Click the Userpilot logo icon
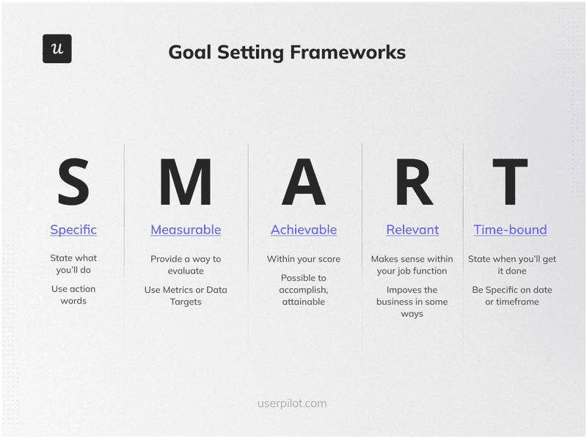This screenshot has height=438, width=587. pos(56,48)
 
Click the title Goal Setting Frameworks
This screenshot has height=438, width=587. pos(286,52)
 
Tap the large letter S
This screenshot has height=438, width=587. pos(73,182)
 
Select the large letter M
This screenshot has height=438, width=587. pos(185,182)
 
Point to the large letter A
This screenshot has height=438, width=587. pos(303,182)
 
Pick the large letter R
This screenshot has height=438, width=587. pos(413,182)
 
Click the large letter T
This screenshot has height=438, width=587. pos(510,182)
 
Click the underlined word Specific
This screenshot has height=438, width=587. pos(73,230)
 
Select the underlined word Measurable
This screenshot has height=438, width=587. pos(186,230)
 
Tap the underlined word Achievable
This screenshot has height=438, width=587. pos(304,230)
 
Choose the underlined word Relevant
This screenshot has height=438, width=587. pos(412,230)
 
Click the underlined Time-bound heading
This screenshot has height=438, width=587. pos(510,230)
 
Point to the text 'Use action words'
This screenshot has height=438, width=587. pos(73,295)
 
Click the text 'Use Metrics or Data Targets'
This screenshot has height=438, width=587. pos(186,296)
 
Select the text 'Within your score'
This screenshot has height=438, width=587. pos(304,259)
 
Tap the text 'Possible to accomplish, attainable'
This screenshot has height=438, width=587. pos(304,290)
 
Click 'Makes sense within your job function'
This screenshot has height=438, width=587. pos(412,265)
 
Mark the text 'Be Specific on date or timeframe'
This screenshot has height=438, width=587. pos(511,296)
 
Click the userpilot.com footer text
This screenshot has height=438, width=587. pos(292,404)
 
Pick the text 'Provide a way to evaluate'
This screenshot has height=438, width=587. pos(186,265)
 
